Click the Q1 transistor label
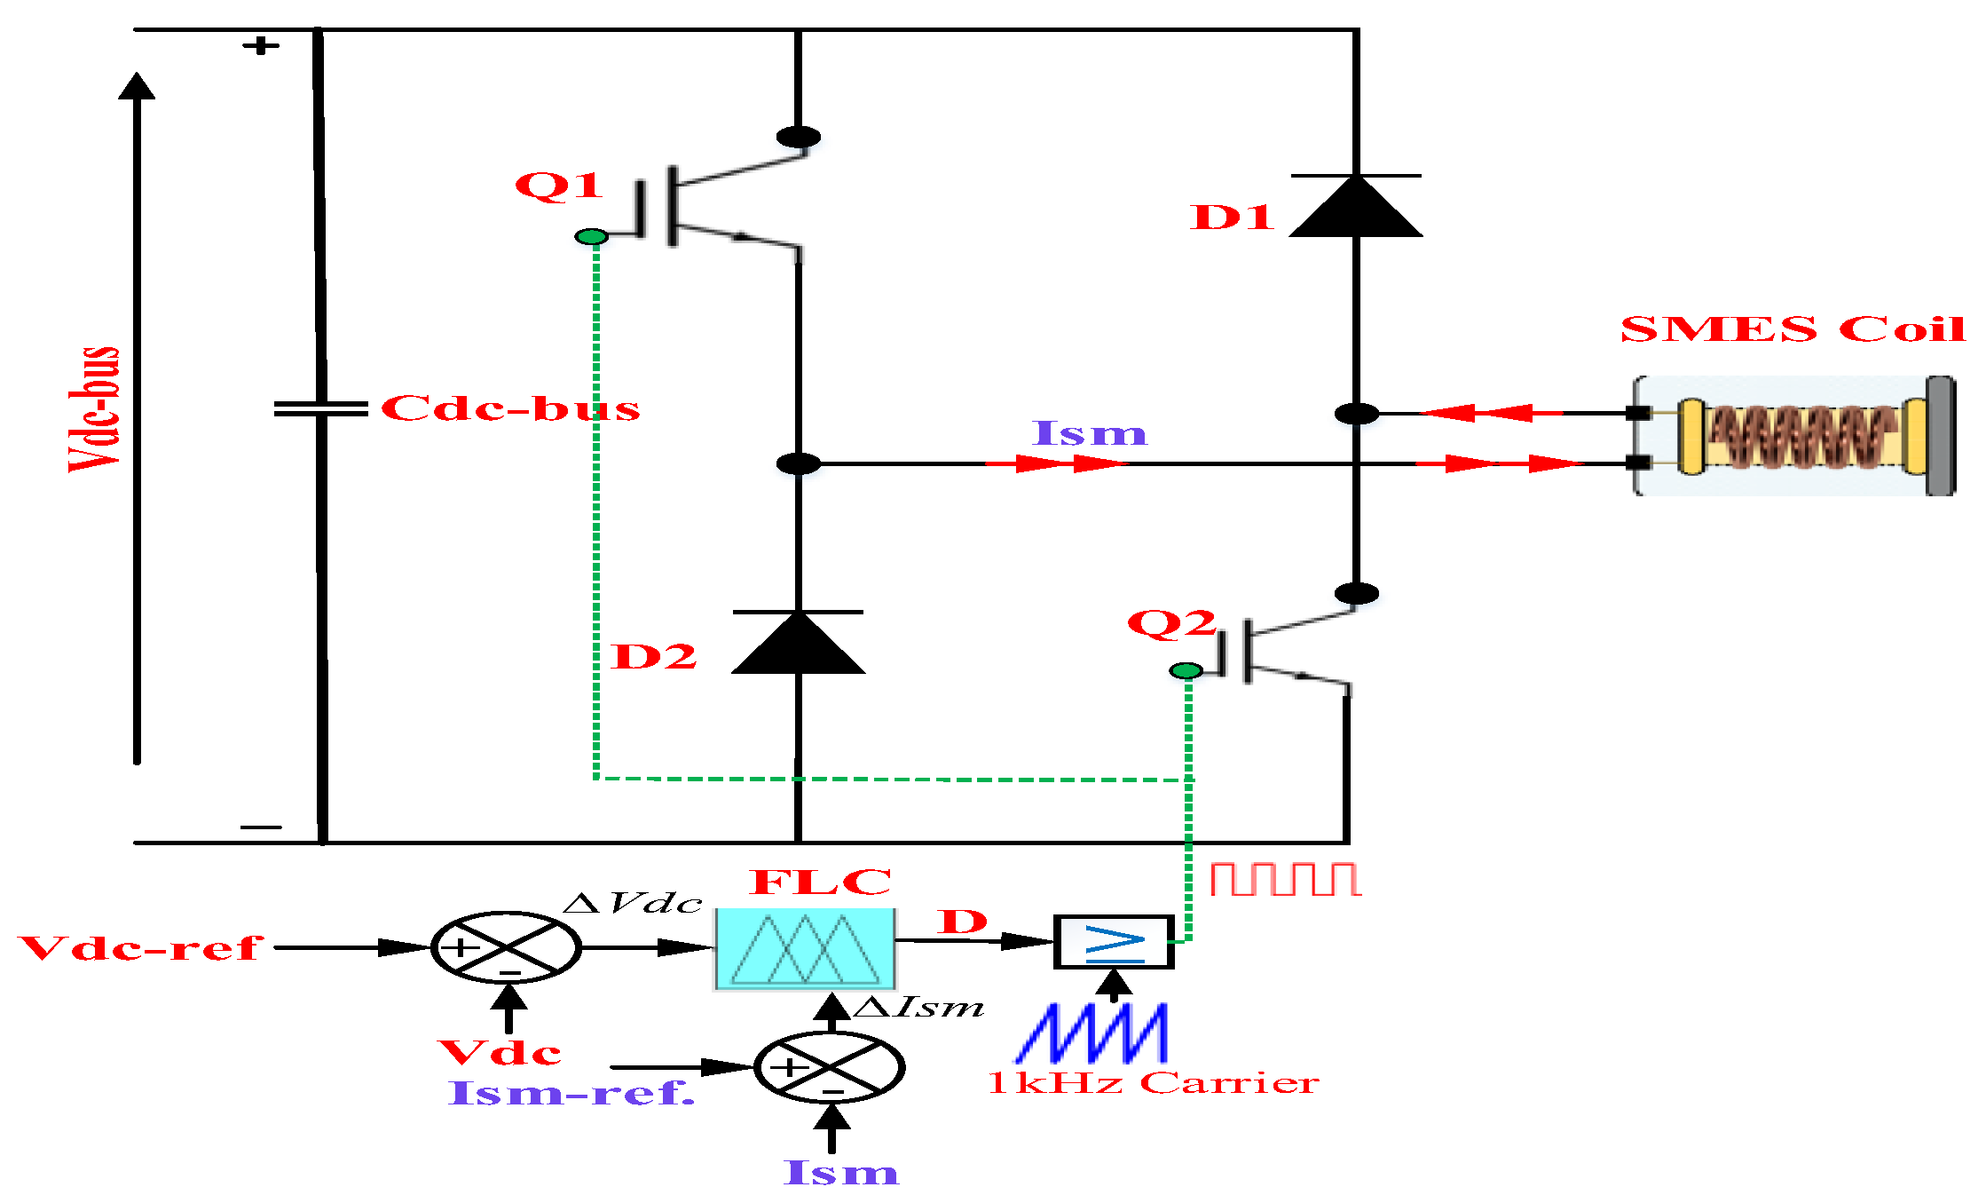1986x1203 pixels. [x=558, y=186]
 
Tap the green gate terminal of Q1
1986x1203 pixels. [x=591, y=236]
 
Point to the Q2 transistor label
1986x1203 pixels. [x=1170, y=623]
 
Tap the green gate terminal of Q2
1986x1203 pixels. [x=1186, y=670]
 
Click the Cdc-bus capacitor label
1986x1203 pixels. [x=510, y=409]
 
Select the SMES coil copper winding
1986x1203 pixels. [x=1801, y=436]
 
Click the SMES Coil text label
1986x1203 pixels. [x=1793, y=329]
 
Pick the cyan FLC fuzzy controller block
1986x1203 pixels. [x=805, y=948]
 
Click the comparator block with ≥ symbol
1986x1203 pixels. [x=1114, y=942]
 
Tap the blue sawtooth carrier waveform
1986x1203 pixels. [x=1092, y=1033]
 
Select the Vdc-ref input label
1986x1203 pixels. [x=141, y=948]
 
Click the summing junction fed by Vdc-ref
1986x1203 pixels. [x=506, y=947]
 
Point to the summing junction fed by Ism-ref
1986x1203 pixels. [x=829, y=1067]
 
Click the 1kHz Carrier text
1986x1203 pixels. [x=1153, y=1083]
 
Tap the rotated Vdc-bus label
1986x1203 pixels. [x=94, y=409]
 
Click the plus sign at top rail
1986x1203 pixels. [x=261, y=45]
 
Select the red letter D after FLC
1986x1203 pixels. [x=963, y=922]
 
